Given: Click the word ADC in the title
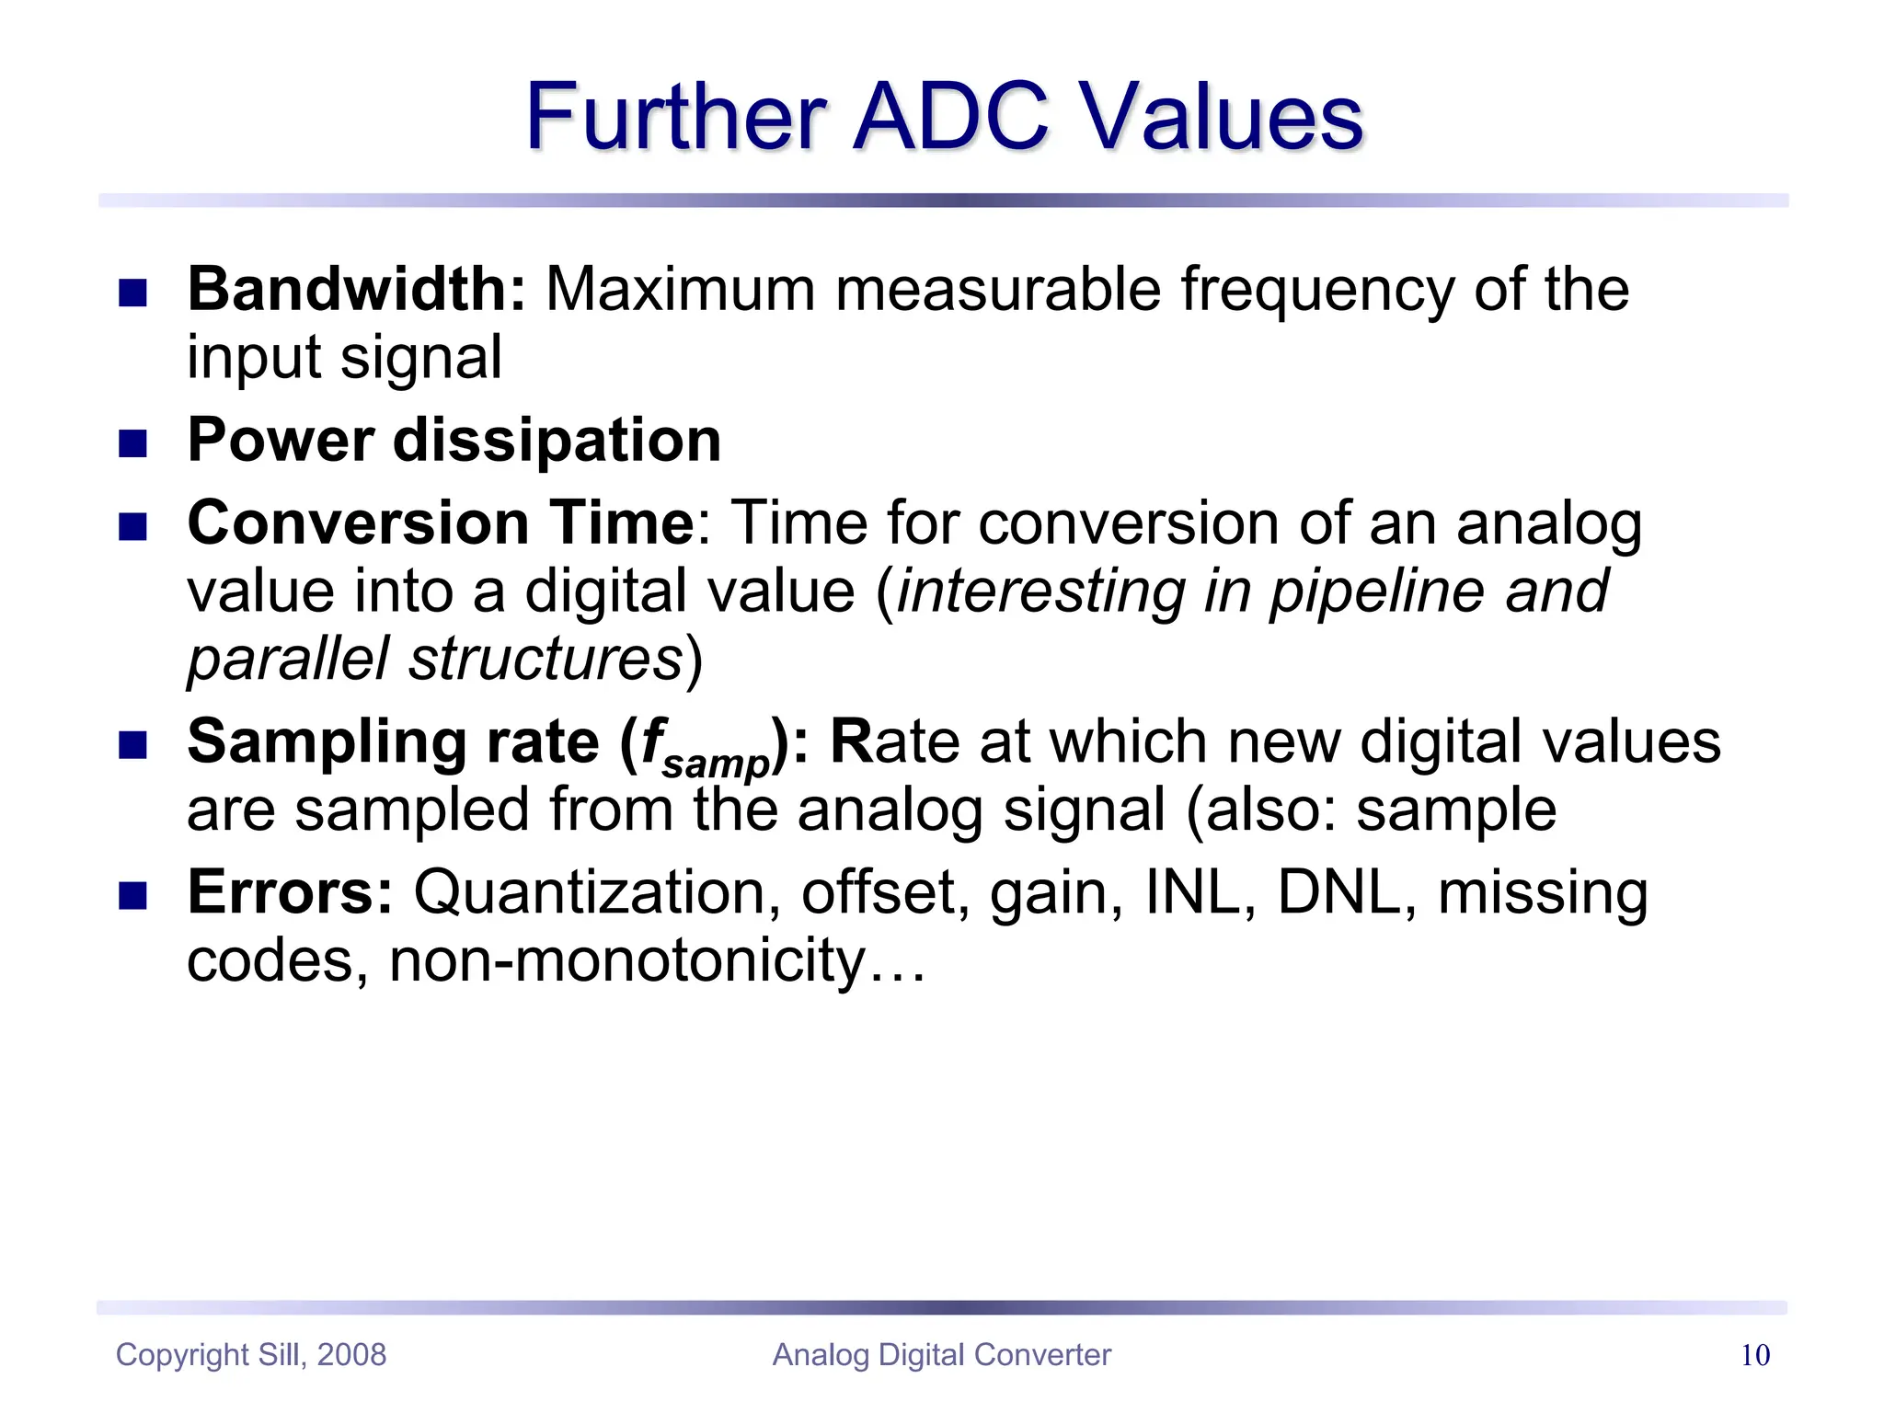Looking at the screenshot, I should coord(951,118).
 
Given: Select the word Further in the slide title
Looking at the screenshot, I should coord(675,118).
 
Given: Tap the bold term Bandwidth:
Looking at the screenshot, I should coord(356,290).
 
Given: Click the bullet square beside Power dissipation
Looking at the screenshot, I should coord(133,444).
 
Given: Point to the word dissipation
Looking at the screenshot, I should coord(557,441).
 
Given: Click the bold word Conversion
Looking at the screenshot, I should coord(357,523).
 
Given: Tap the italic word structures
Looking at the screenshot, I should coord(546,659).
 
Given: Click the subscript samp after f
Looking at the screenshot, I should coord(716,764).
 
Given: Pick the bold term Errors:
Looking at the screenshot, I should coord(290,892).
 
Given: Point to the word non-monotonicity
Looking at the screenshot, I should coord(627,960).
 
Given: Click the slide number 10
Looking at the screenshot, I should coord(1755,1355).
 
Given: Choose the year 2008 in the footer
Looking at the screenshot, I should coord(351,1355).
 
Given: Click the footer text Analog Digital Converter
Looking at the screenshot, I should coord(942,1355).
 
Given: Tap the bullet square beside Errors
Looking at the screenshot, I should coord(133,896).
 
